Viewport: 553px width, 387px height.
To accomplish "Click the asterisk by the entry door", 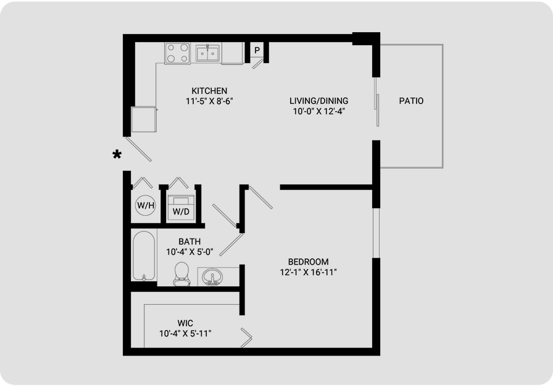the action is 117,155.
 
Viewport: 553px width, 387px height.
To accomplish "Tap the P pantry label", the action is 257,50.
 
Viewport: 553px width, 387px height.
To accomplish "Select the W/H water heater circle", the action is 146,205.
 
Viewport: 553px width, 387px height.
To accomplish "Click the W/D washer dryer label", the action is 181,211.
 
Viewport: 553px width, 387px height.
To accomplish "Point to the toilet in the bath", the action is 181,274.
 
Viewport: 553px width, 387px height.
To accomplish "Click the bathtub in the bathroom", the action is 144,256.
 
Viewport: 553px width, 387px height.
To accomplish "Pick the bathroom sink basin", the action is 212,276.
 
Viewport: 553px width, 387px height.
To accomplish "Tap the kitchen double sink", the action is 207,53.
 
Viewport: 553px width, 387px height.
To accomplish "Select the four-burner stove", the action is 177,53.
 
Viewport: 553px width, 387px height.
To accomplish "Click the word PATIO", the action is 411,101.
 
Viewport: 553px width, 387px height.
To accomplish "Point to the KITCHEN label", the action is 209,91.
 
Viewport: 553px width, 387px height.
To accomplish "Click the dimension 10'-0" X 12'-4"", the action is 319,111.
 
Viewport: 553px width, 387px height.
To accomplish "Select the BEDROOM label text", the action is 308,262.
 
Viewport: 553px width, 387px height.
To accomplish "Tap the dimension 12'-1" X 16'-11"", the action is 308,272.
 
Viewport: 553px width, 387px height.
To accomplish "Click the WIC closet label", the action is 185,323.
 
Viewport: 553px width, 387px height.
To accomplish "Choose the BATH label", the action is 189,242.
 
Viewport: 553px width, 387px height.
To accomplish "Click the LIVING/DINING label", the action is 319,101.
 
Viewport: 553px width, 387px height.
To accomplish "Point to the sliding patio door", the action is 376,103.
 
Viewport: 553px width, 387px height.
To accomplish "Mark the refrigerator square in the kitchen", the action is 144,119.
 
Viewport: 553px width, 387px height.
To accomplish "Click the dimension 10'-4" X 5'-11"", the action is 185,333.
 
